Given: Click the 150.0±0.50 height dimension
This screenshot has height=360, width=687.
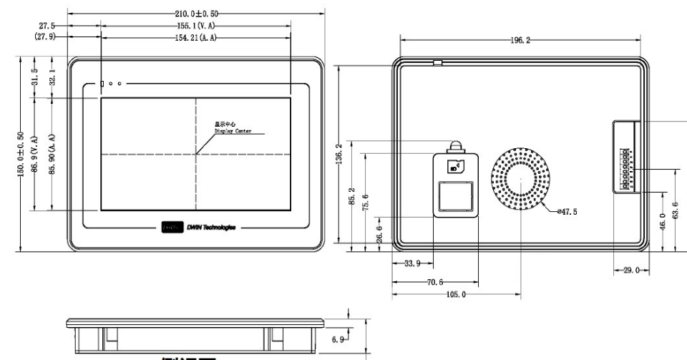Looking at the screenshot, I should tap(21, 155).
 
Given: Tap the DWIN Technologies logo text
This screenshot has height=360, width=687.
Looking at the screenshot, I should tap(212, 227).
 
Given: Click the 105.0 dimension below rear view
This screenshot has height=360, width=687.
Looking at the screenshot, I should tap(456, 294).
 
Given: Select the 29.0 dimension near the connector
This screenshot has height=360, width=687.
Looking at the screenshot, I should tap(630, 272).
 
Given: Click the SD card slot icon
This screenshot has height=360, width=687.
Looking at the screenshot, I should tap(454, 167).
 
